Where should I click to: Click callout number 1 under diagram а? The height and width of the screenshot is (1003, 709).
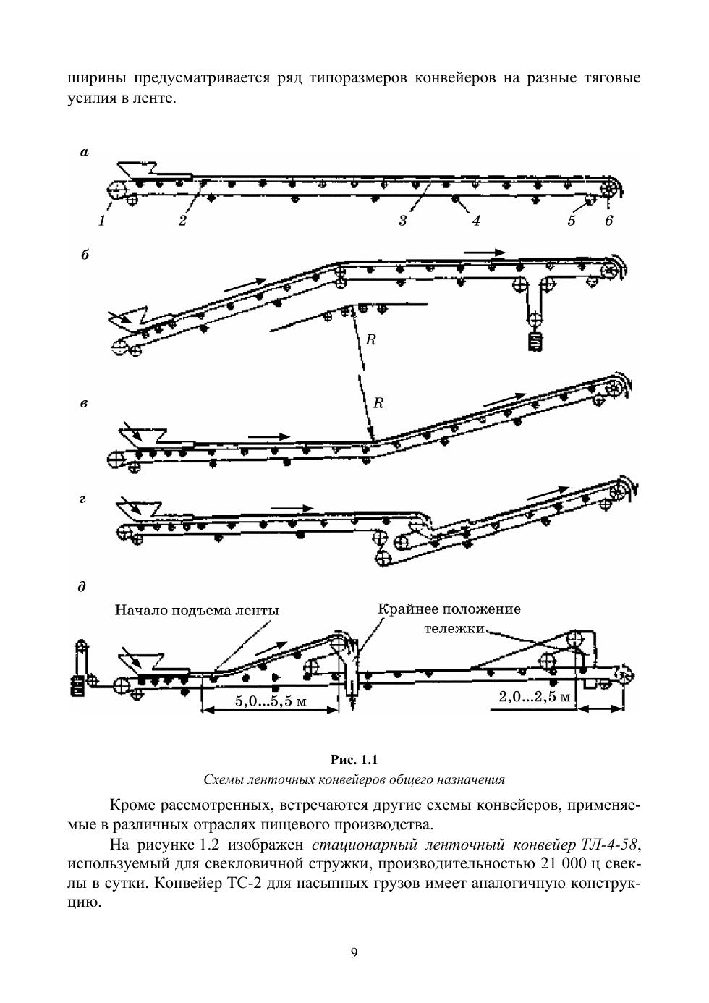pyautogui.click(x=102, y=221)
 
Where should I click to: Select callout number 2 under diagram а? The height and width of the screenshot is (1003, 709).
pyautogui.click(x=182, y=221)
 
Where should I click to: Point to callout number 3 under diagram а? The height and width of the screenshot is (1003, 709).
pyautogui.click(x=403, y=221)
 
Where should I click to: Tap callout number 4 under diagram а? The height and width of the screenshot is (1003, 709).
pyautogui.click(x=475, y=221)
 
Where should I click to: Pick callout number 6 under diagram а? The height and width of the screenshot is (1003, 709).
pyautogui.click(x=608, y=221)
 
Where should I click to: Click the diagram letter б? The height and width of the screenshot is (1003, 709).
pyautogui.click(x=85, y=255)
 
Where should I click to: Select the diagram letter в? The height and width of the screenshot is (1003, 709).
pyautogui.click(x=85, y=403)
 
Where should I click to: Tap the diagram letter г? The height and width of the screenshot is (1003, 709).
pyautogui.click(x=84, y=499)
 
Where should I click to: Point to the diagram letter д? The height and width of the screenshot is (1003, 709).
pyautogui.click(x=82, y=588)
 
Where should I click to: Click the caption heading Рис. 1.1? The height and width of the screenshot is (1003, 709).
pyautogui.click(x=354, y=759)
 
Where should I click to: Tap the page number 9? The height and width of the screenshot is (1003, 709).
pyautogui.click(x=354, y=952)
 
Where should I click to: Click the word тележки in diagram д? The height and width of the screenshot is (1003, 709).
pyautogui.click(x=454, y=628)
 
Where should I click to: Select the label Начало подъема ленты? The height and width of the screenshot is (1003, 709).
pyautogui.click(x=197, y=610)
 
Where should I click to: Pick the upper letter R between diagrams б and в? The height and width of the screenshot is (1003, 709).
pyautogui.click(x=370, y=340)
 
